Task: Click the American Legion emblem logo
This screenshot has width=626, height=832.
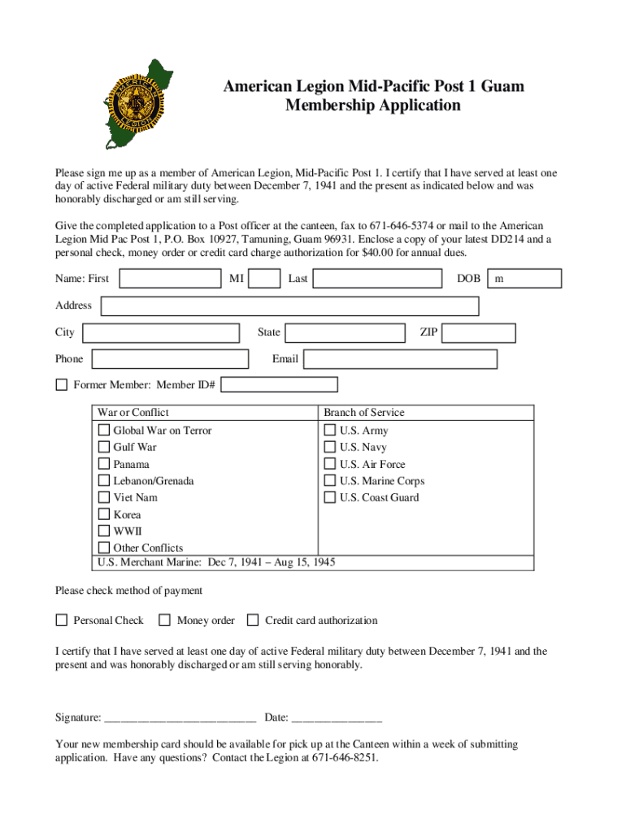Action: pyautogui.click(x=141, y=103)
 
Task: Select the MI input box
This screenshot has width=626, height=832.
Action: pyautogui.click(x=264, y=279)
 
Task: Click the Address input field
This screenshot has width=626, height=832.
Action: pyautogui.click(x=289, y=306)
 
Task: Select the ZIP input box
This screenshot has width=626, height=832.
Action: pyautogui.click(x=480, y=332)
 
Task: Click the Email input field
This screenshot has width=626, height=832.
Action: pyautogui.click(x=401, y=359)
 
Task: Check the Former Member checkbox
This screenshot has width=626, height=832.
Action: pyautogui.click(x=61, y=385)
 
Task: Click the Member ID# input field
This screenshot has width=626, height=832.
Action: pyautogui.click(x=279, y=385)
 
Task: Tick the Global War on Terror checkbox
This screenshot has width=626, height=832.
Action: pyautogui.click(x=104, y=430)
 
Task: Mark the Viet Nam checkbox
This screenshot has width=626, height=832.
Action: pyautogui.click(x=104, y=497)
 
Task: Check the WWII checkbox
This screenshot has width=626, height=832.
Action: pyautogui.click(x=104, y=531)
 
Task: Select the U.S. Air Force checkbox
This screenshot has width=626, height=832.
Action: pyautogui.click(x=330, y=464)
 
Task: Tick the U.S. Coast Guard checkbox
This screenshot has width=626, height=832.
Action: pyautogui.click(x=330, y=497)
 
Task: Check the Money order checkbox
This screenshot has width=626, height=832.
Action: pyautogui.click(x=165, y=621)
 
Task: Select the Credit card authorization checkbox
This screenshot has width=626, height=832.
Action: pyautogui.click(x=253, y=621)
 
